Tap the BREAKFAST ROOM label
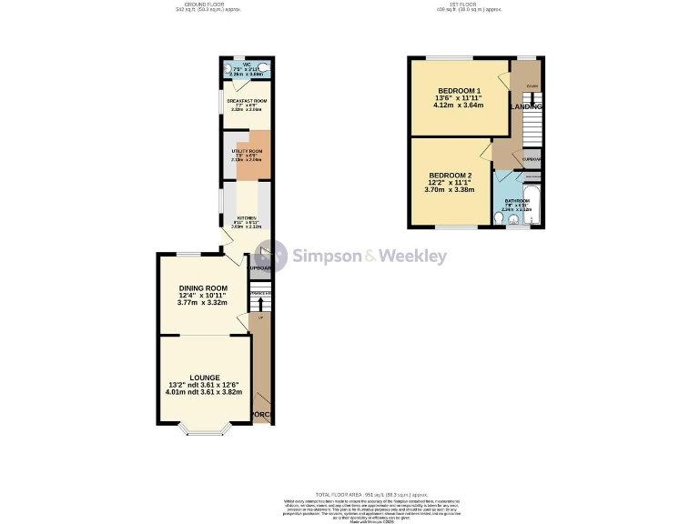[x=246, y=100]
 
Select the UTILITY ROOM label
[x=247, y=151]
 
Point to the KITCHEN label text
[x=247, y=218]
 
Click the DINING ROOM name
[x=202, y=288]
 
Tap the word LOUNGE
[x=204, y=377]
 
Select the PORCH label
[x=262, y=416]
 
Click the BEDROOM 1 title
[x=459, y=91]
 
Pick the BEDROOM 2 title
[x=451, y=176]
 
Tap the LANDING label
[x=527, y=106]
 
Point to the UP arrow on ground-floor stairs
[x=260, y=318]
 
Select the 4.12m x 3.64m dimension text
[x=459, y=106]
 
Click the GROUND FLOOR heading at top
[x=203, y=5]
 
